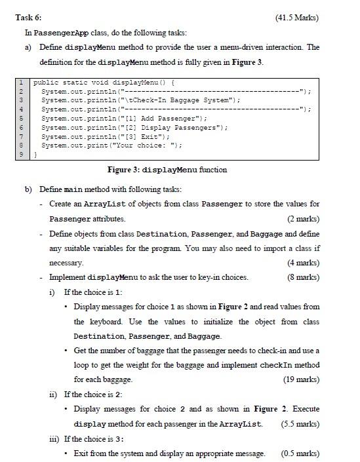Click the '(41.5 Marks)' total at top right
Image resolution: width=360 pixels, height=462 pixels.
point(294,17)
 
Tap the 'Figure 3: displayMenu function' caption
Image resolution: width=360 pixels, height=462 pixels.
point(171,170)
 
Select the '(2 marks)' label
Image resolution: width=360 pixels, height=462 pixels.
point(303,218)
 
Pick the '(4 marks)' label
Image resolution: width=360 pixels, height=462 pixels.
point(303,263)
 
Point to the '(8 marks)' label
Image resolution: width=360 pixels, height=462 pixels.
point(303,277)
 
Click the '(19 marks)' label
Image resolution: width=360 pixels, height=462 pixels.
point(301,379)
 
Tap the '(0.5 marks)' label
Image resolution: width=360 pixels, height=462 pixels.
point(300,453)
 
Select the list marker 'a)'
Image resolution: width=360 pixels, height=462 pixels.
point(29,47)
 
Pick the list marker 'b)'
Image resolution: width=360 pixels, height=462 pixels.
point(29,189)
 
